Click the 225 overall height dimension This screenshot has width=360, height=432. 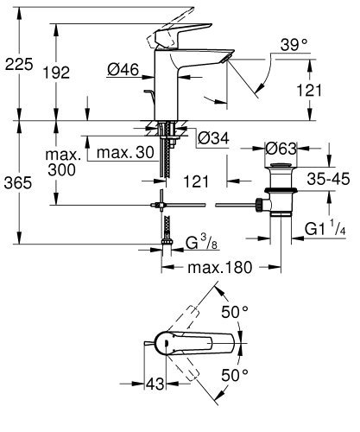pos(19,62)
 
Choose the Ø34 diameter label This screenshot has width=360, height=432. pos(212,137)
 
